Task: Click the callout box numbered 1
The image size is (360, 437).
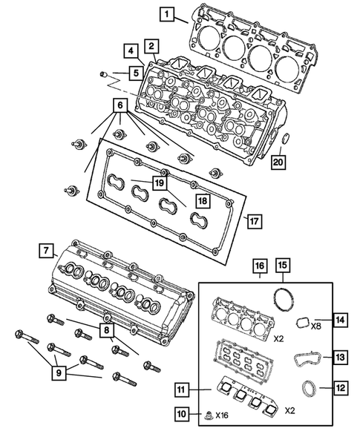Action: [168, 13]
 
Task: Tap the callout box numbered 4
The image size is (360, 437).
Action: [130, 51]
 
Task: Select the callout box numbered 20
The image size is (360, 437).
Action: [278, 162]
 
